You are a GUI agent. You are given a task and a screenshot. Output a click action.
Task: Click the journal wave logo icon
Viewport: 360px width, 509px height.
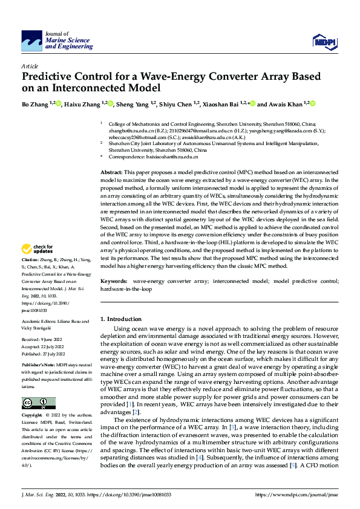click(32, 41)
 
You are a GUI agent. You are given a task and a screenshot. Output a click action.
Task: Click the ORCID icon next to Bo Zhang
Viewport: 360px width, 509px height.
click(59, 103)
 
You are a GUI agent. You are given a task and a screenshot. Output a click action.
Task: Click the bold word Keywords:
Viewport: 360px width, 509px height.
click(114, 282)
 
